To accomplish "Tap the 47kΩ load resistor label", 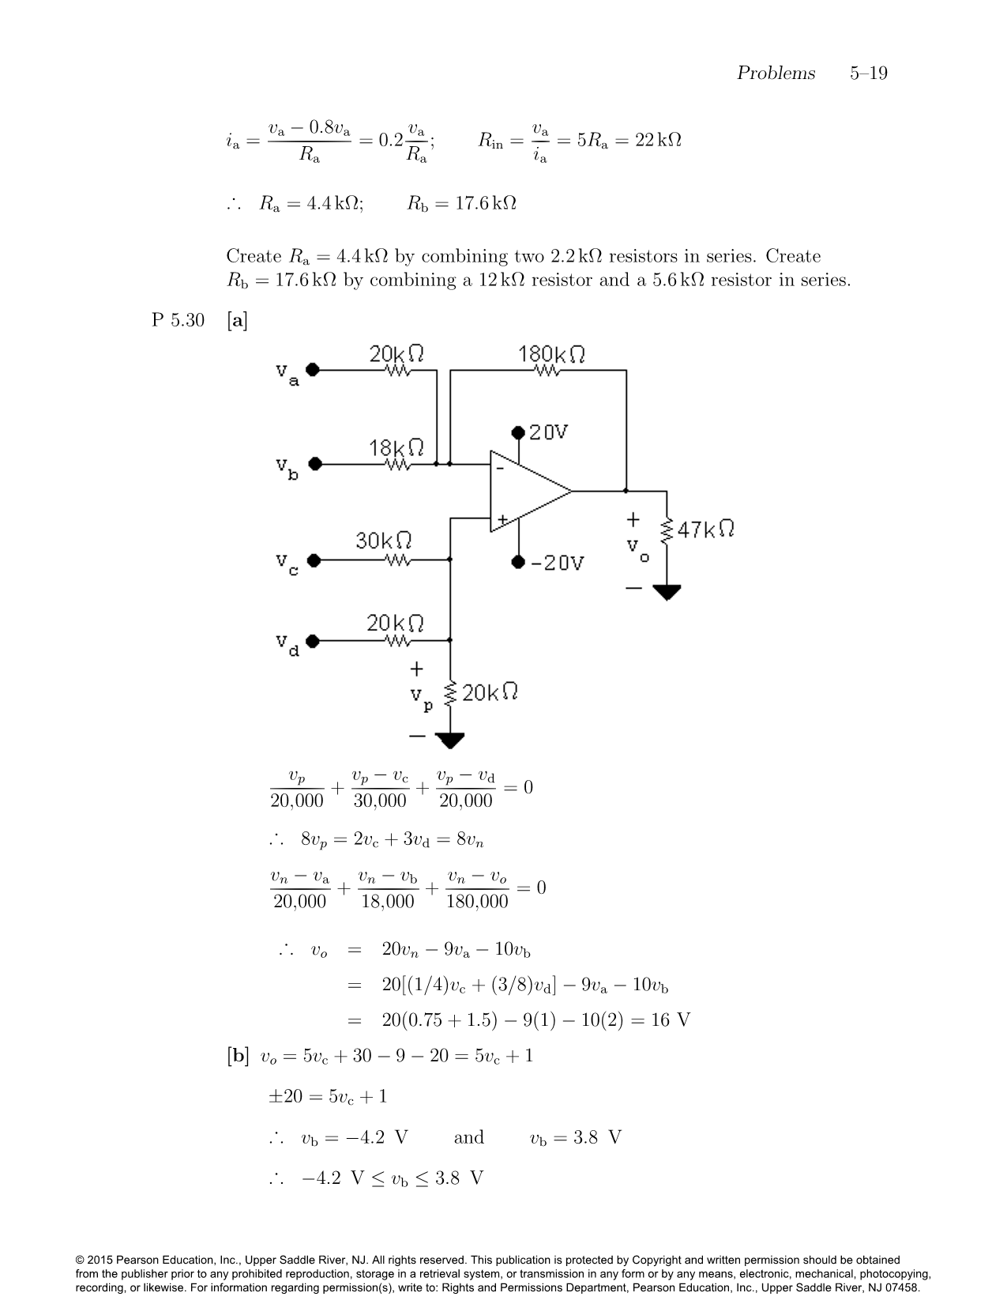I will click(706, 529).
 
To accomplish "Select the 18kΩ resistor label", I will click(396, 447).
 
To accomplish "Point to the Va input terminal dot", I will click(313, 369).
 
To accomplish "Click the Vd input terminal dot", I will click(313, 641).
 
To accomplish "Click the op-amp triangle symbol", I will click(525, 491).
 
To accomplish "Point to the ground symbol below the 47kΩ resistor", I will click(667, 592).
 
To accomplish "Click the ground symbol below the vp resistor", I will click(450, 741).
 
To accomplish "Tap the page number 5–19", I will click(868, 73).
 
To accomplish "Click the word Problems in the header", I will click(776, 73).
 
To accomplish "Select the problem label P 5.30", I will click(178, 320).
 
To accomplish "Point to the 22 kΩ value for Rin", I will click(658, 140).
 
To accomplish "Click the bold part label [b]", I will click(237, 1056).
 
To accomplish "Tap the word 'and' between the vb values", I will click(468, 1137).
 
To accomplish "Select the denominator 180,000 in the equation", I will click(477, 902).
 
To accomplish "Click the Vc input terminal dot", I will click(314, 560).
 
